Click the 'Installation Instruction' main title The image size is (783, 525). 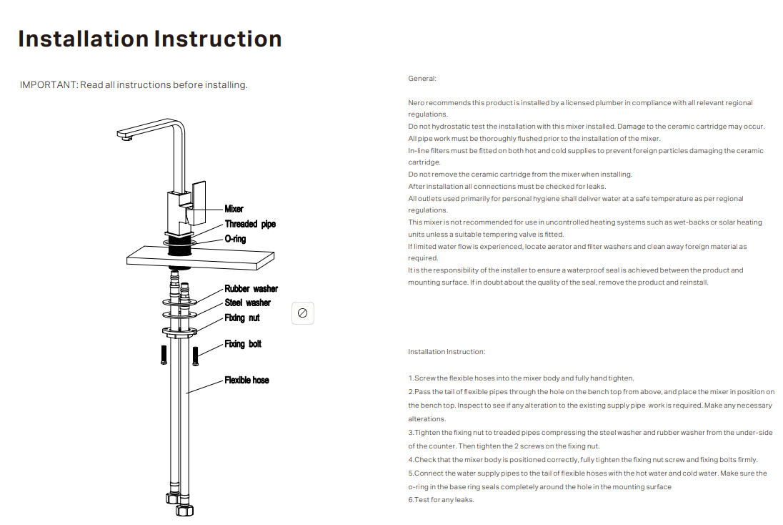click(150, 39)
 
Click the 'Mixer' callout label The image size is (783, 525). click(234, 209)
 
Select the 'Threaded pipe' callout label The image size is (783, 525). click(250, 224)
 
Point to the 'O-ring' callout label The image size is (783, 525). click(235, 239)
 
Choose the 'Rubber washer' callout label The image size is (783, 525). click(251, 289)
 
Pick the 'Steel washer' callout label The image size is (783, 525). click(247, 303)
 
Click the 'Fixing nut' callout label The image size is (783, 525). click(242, 318)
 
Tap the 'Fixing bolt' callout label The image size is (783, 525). click(243, 344)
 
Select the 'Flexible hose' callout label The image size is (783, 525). click(246, 380)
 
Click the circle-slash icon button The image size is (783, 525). click(302, 313)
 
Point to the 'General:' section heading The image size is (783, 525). click(422, 79)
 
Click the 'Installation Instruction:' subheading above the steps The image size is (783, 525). click(447, 352)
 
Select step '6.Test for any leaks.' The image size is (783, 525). click(441, 500)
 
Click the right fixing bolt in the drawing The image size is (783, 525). click(194, 355)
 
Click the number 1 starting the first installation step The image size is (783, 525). click(411, 378)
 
